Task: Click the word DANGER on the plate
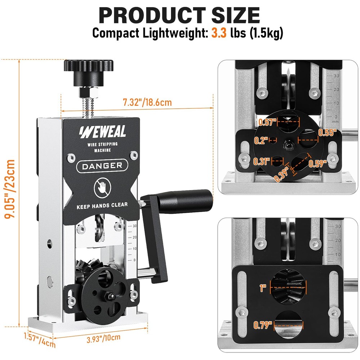[x=102, y=166]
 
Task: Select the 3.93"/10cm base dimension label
[x=103, y=338]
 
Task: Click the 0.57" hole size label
[x=267, y=122]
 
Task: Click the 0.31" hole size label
[x=262, y=161]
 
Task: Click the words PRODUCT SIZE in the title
[x=179, y=15]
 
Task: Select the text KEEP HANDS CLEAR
[x=102, y=207]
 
